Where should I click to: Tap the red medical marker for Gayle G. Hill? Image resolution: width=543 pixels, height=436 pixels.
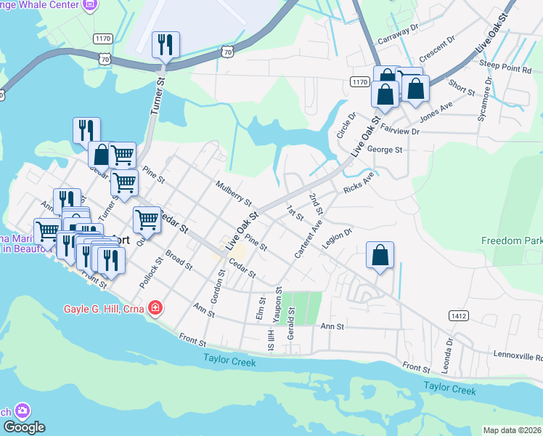click(154, 309)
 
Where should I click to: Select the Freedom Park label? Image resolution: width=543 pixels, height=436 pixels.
click(511, 241)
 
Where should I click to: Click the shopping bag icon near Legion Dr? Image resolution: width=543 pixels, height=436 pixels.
click(380, 256)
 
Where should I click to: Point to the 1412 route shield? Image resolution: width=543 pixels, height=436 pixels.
click(458, 315)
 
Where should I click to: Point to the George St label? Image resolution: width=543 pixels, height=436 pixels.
click(385, 150)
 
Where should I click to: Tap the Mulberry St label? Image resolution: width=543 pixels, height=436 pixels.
click(233, 193)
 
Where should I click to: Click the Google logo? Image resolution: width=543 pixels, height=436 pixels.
click(25, 427)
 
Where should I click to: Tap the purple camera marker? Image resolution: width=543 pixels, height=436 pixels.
click(22, 411)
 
